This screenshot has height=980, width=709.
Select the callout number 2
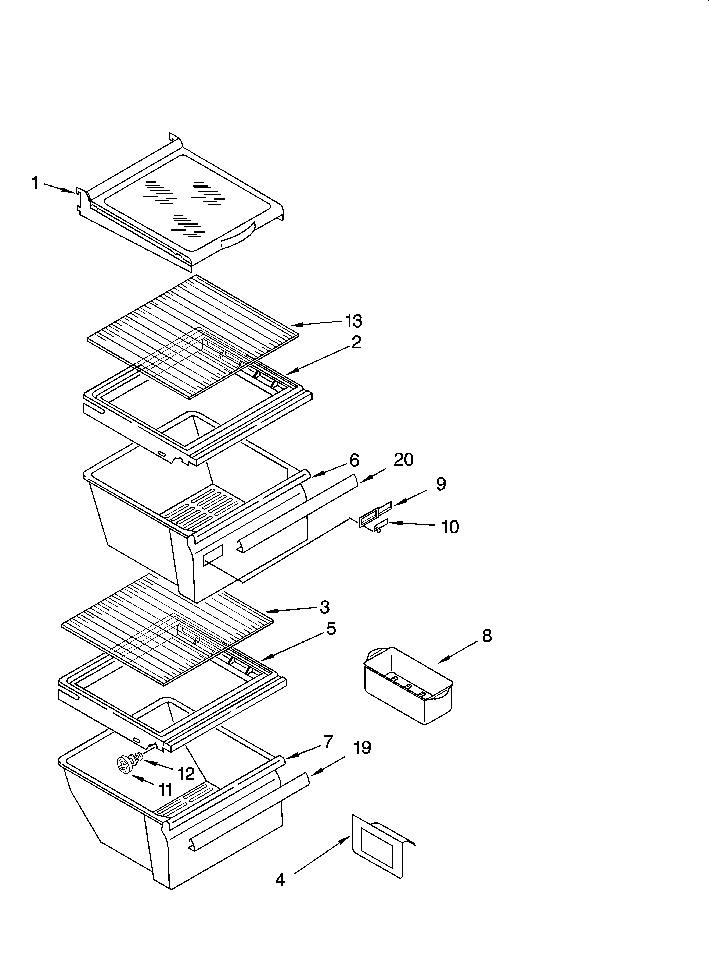click(x=356, y=342)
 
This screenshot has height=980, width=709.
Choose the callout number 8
click(x=487, y=636)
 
